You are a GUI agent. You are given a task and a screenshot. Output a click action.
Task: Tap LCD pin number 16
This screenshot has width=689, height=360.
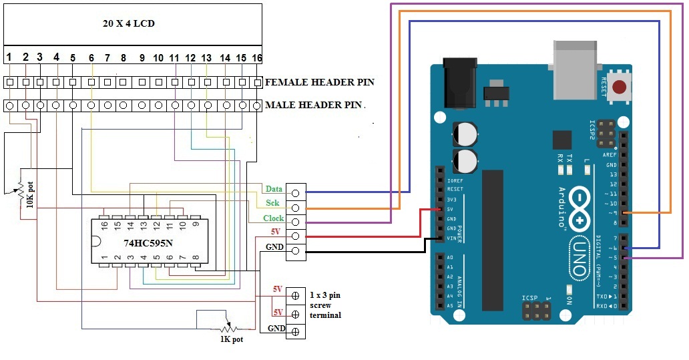coord(256,58)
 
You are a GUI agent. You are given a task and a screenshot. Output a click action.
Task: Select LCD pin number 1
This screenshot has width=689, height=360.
coord(9,57)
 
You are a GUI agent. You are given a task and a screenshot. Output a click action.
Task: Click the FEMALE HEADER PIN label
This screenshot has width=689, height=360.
coord(319,83)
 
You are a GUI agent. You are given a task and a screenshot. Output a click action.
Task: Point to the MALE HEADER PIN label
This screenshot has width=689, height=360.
coord(314,105)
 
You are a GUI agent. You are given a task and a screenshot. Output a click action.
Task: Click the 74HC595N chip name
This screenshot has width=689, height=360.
coord(148,243)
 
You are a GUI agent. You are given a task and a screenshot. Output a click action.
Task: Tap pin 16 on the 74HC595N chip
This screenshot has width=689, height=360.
coord(105,225)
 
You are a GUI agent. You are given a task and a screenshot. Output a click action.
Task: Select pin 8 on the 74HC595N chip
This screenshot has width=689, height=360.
coord(194,257)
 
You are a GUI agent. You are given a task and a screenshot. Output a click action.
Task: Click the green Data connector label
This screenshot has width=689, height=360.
coord(274,189)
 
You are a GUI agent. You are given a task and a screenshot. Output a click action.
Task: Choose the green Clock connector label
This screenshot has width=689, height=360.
coord(273,218)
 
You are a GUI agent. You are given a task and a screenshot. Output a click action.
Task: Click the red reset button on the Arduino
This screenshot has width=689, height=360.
coord(621,87)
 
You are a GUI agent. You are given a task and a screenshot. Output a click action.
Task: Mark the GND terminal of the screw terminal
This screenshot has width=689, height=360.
coord(295,329)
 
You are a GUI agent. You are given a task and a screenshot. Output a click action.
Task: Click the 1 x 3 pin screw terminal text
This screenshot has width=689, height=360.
coord(325,305)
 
